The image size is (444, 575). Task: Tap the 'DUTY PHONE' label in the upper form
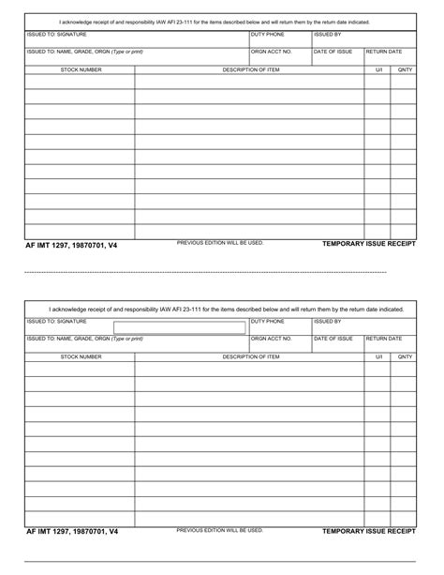click(x=268, y=34)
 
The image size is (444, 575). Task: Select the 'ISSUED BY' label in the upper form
click(x=328, y=34)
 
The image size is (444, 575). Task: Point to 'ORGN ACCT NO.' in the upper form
click(x=272, y=52)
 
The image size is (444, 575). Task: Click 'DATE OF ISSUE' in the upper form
click(x=333, y=52)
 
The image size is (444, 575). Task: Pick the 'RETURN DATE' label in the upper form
click(x=384, y=52)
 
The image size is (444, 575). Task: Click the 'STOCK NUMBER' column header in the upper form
click(x=81, y=69)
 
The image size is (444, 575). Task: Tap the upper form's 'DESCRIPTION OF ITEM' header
click(x=250, y=69)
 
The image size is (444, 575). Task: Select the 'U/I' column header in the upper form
click(x=379, y=69)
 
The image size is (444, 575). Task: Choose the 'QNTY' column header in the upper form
click(x=405, y=69)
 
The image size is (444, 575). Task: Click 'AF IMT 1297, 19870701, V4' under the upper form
click(x=72, y=246)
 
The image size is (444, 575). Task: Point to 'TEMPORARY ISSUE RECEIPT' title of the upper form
click(x=368, y=244)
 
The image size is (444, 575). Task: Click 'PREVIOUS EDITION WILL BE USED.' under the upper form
click(x=220, y=243)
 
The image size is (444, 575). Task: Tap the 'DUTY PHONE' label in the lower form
click(x=268, y=321)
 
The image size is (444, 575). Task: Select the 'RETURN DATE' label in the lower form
click(x=384, y=339)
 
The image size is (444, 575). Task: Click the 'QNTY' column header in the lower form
click(x=405, y=356)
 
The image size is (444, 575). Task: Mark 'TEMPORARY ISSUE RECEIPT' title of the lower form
click(x=368, y=531)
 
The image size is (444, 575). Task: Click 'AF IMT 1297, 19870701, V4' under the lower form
click(x=72, y=533)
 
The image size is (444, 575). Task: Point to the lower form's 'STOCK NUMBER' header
click(x=81, y=356)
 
